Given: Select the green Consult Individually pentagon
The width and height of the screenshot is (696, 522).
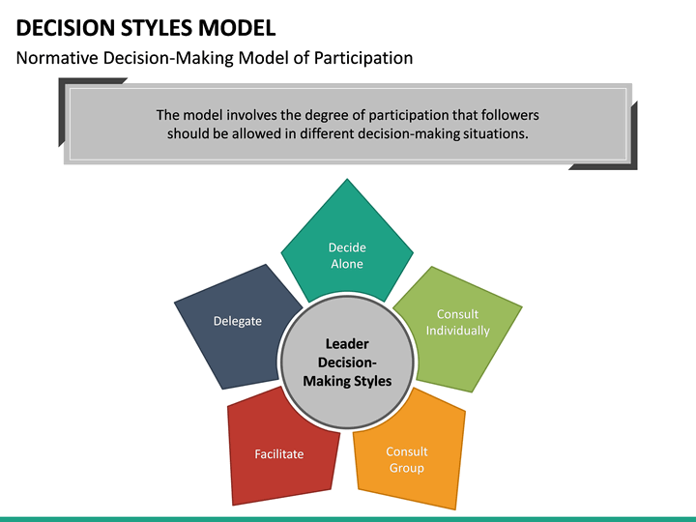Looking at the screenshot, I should [x=462, y=329].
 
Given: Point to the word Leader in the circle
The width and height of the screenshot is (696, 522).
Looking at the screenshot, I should [x=347, y=343].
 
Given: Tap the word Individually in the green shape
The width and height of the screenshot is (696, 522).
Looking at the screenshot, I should [x=458, y=331].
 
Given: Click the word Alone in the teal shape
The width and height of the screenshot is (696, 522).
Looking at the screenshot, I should [x=347, y=264].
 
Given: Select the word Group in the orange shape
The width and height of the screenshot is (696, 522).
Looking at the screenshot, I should [x=407, y=469].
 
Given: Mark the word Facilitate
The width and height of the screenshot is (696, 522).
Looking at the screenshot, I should [x=279, y=453].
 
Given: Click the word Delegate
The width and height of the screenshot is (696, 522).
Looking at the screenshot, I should [x=238, y=321].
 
